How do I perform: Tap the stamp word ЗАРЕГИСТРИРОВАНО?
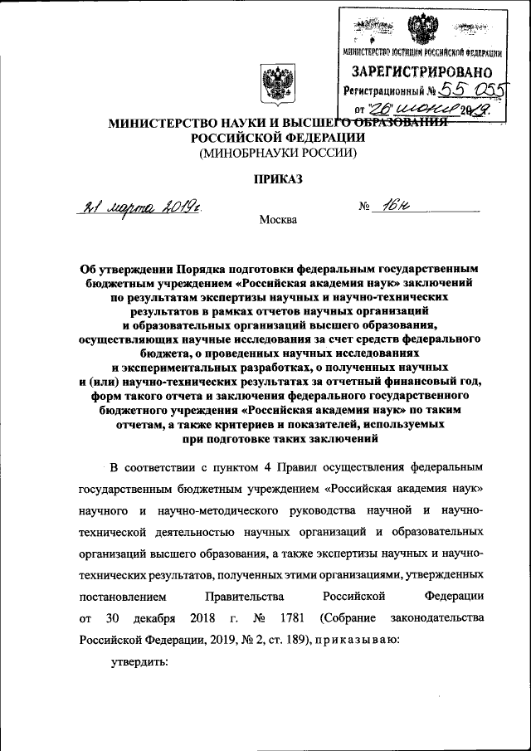421,72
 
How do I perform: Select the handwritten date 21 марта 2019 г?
140,207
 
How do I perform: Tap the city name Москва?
277,220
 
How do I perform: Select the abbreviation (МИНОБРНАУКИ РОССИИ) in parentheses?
276,153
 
